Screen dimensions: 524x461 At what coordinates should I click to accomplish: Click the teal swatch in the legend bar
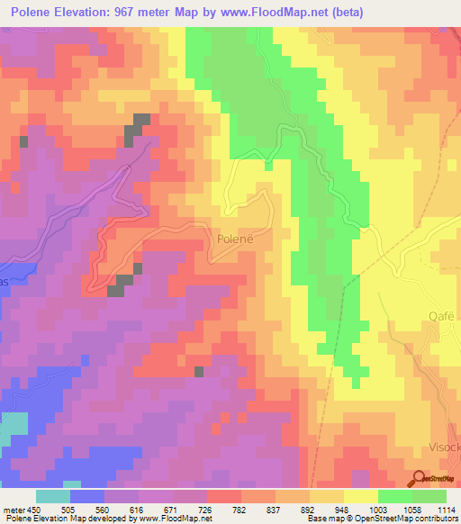pyautogui.click(x=53, y=496)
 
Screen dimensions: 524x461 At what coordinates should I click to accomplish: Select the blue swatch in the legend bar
pyautogui.click(x=87, y=496)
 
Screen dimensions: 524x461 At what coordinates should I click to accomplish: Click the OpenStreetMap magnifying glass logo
pyautogui.click(x=417, y=478)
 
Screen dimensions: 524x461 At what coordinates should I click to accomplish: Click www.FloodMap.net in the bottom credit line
pyautogui.click(x=176, y=519)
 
